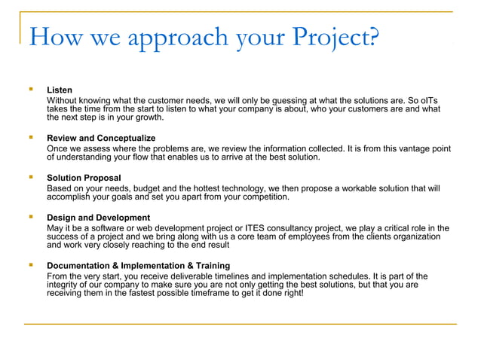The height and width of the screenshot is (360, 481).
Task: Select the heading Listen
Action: coord(60,90)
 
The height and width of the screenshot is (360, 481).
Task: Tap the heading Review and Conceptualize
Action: coord(101,139)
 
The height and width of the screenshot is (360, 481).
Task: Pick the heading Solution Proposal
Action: coord(84,178)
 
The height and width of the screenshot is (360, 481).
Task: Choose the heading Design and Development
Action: coord(98,218)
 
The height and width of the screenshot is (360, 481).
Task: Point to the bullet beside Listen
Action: coord(30,90)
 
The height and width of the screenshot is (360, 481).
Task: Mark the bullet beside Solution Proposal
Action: coord(30,178)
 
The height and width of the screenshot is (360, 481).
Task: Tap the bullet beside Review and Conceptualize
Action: coord(30,138)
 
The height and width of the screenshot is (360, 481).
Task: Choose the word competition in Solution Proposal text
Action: coord(261,197)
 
